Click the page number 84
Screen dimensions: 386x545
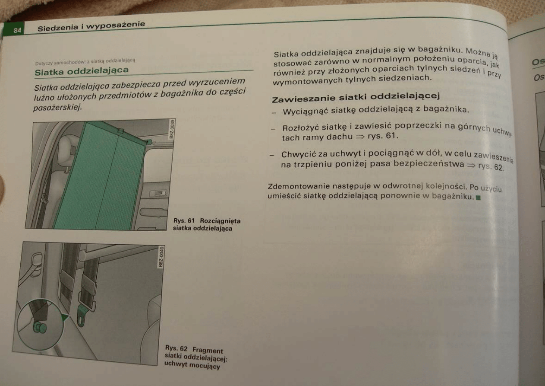click(17, 30)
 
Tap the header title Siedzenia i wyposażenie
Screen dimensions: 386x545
click(91, 26)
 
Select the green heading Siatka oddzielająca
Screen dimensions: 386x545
click(82, 70)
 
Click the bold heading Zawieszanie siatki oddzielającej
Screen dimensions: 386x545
click(356, 97)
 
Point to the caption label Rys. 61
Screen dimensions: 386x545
click(184, 221)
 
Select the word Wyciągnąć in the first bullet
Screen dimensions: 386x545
click(305, 112)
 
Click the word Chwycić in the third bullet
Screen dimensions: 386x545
click(298, 154)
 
